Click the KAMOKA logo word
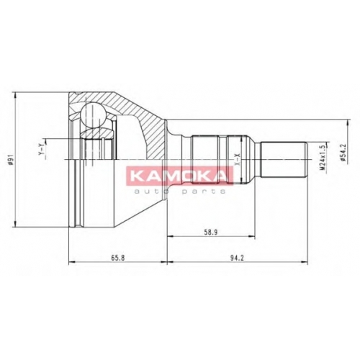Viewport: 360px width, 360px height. click(179, 176)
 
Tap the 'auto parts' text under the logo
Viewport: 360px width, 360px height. click(180, 192)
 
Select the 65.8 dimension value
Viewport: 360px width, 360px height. click(118, 258)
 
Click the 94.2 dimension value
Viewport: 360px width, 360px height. click(237, 258)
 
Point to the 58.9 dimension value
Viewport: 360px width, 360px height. click(211, 232)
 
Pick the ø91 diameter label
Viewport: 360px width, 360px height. click(10, 159)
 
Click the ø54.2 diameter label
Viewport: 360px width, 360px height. click(344, 153)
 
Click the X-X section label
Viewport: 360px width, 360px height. click(237, 159)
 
